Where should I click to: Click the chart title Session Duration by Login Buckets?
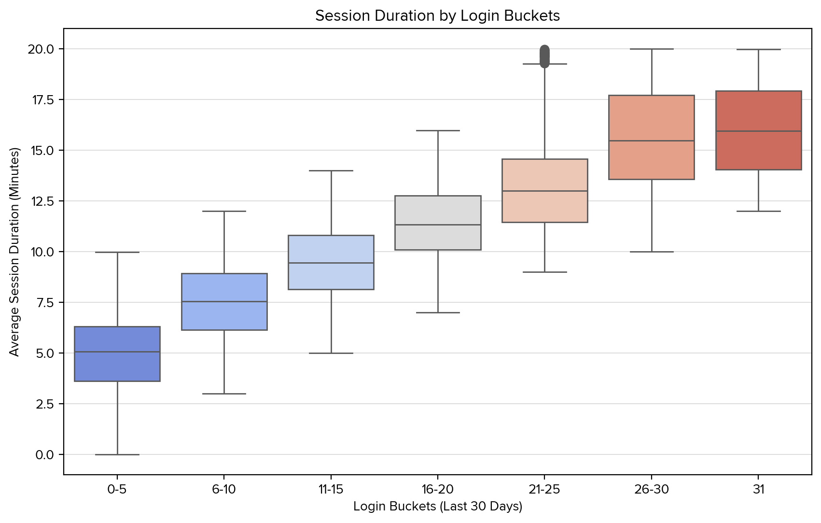(437, 16)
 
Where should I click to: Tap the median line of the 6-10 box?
(224, 301)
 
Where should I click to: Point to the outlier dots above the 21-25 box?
(544, 56)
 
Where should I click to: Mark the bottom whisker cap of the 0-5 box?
(117, 454)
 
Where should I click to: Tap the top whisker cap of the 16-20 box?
(438, 130)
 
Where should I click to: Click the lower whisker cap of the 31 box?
(758, 211)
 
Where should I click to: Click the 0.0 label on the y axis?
(45, 454)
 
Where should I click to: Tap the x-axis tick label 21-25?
(544, 490)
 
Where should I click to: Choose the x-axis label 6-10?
(224, 490)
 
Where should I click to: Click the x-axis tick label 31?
(758, 490)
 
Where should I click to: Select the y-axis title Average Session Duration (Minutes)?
(14, 252)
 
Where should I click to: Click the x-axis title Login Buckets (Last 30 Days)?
(438, 507)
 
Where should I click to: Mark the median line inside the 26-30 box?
(652, 141)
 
